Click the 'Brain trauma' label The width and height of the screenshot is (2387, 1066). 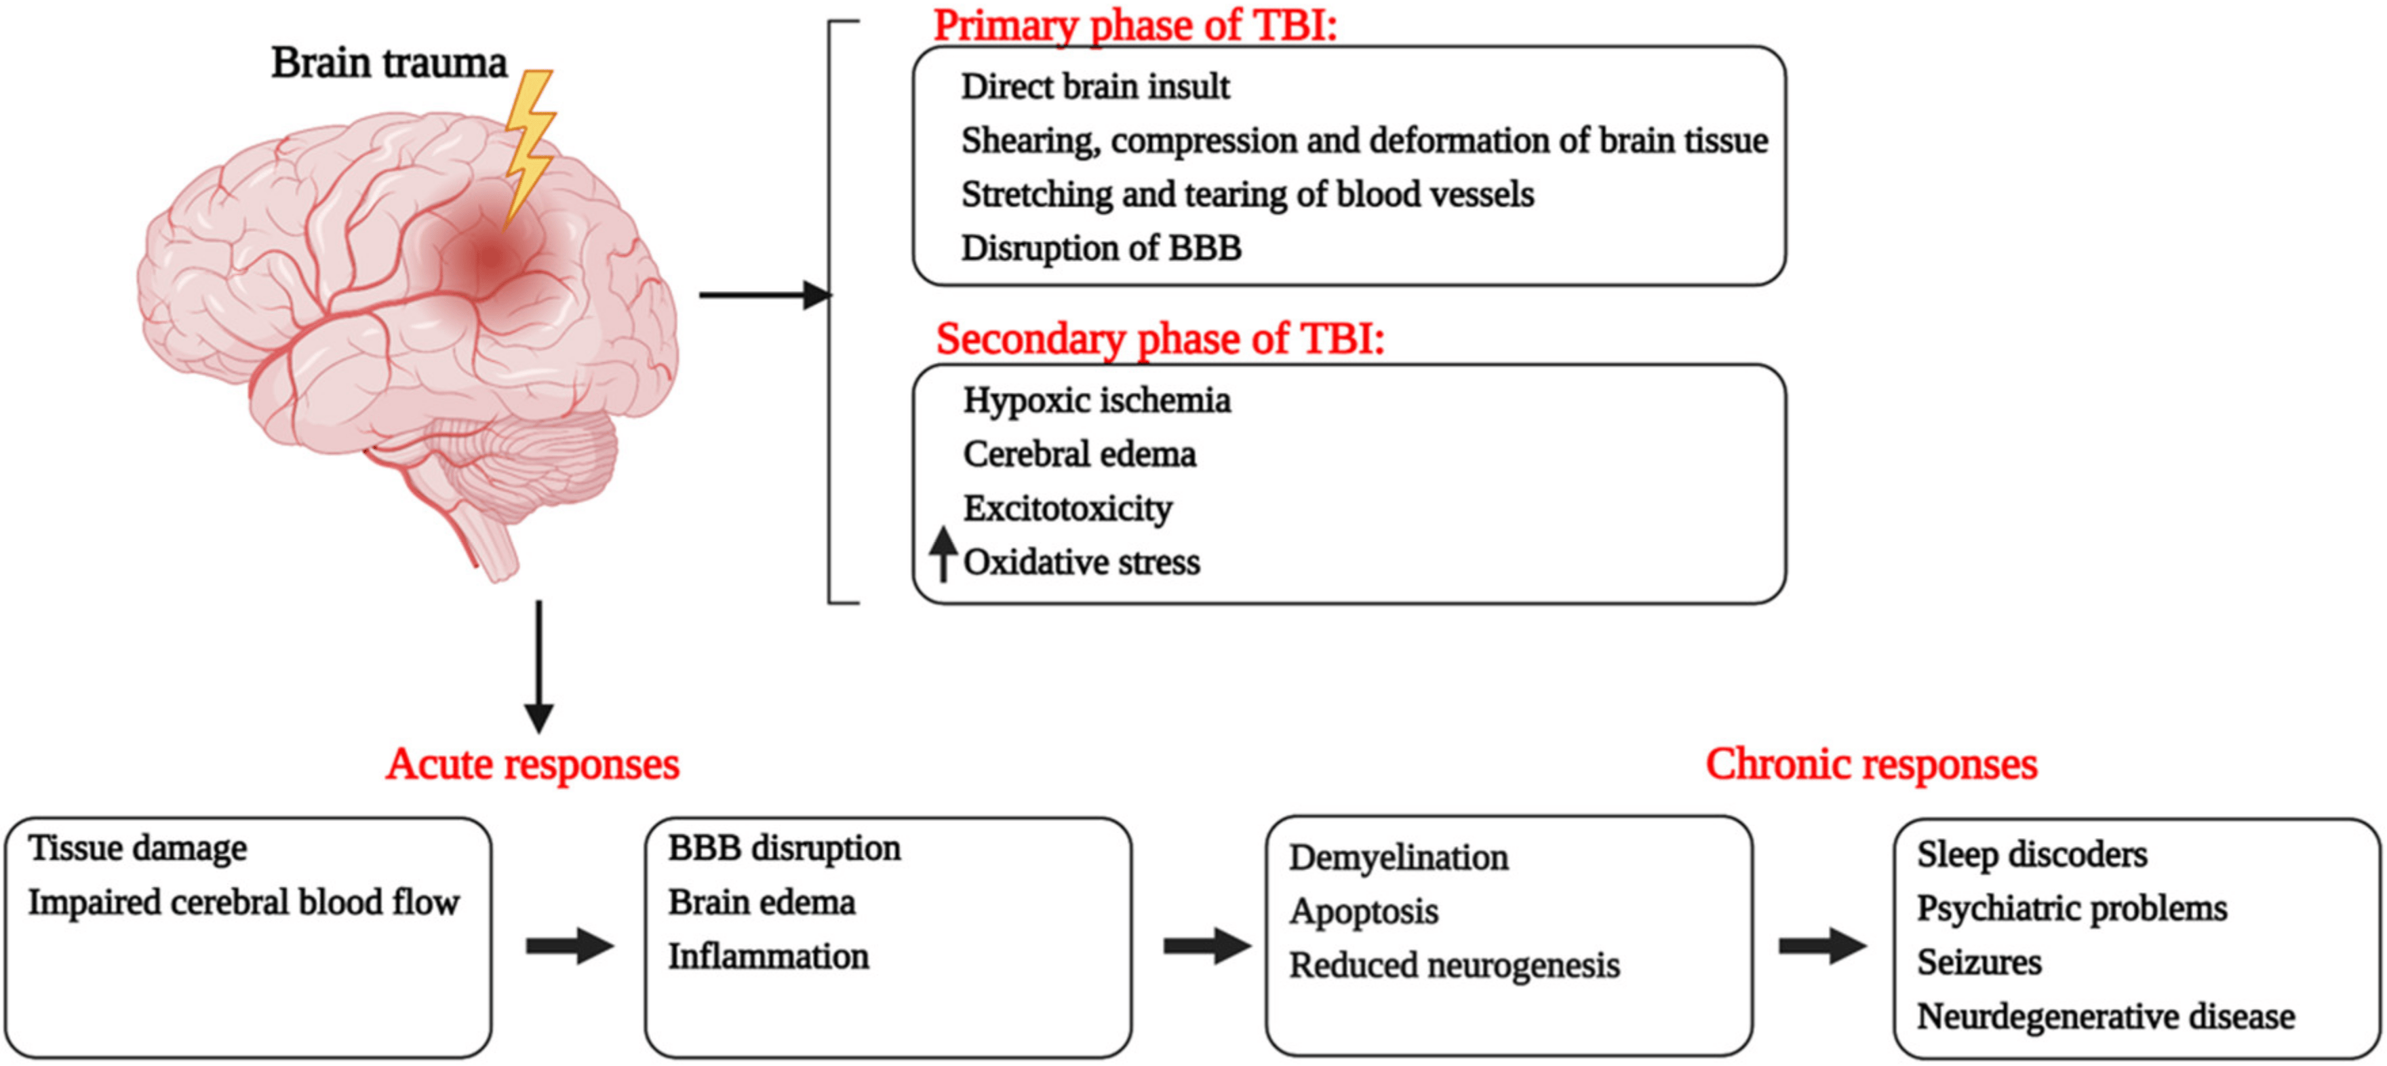pos(389,64)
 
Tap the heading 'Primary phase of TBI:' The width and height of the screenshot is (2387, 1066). pos(1135,25)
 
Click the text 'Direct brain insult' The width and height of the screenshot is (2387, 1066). pos(1094,87)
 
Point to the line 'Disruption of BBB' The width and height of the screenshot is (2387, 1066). pos(1100,248)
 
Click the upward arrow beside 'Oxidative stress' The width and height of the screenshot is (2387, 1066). pos(943,554)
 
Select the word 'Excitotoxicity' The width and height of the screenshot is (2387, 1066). pos(1067,509)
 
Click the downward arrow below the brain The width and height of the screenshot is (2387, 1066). pos(538,668)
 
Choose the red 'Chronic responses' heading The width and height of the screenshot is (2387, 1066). pos(1870,765)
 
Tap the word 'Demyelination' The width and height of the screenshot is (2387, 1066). pos(1398,858)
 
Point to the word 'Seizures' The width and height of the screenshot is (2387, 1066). pos(1978,963)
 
